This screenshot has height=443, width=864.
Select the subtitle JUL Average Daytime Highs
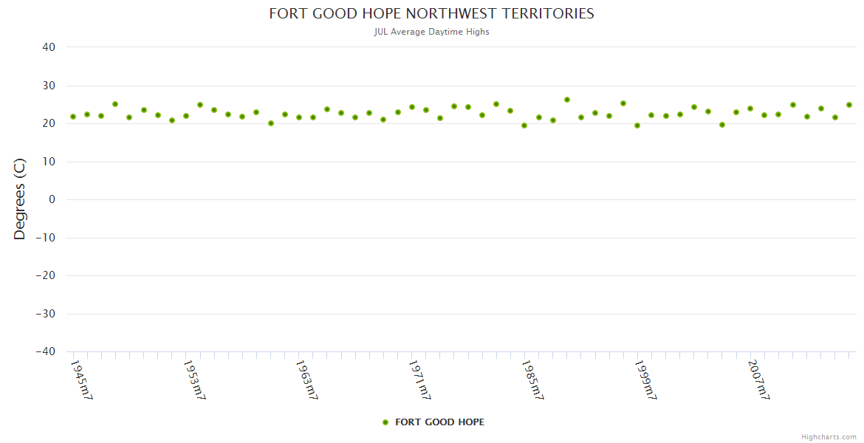pyautogui.click(x=431, y=32)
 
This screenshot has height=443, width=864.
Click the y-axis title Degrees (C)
pyautogui.click(x=20, y=199)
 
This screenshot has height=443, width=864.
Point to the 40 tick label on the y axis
pyautogui.click(x=49, y=47)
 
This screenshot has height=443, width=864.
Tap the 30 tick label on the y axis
pyautogui.click(x=49, y=86)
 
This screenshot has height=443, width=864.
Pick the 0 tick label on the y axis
pyautogui.click(x=52, y=199)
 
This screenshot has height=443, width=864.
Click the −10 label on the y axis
pyautogui.click(x=46, y=238)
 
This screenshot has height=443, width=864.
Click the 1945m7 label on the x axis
pyautogui.click(x=81, y=380)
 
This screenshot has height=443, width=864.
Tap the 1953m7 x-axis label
pyautogui.click(x=194, y=380)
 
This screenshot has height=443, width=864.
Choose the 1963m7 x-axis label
pyautogui.click(x=307, y=380)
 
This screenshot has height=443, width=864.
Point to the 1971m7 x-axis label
pyautogui.click(x=420, y=380)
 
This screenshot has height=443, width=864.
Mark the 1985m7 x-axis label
pyautogui.click(x=533, y=380)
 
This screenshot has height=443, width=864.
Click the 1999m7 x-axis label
pyautogui.click(x=646, y=380)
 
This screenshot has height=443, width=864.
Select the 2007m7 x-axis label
pyautogui.click(x=759, y=380)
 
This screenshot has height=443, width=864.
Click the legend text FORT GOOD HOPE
pyautogui.click(x=439, y=422)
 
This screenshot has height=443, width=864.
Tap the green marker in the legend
pyautogui.click(x=385, y=422)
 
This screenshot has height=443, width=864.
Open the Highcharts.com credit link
pyautogui.click(x=829, y=437)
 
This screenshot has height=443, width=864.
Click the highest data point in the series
pyautogui.click(x=566, y=100)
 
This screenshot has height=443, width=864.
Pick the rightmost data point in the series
pyautogui.click(x=849, y=105)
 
